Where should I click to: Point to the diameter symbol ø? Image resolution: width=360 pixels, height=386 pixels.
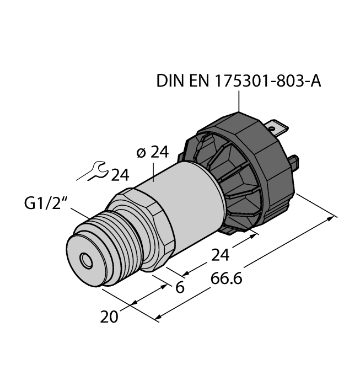tap(140, 153)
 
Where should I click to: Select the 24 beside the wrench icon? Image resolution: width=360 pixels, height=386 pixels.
tap(120, 175)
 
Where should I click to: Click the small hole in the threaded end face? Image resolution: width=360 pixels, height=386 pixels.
tap(85, 259)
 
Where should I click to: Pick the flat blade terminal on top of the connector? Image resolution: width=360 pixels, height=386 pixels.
tap(278, 130)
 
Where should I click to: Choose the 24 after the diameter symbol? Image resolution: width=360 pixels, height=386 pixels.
tap(159, 153)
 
